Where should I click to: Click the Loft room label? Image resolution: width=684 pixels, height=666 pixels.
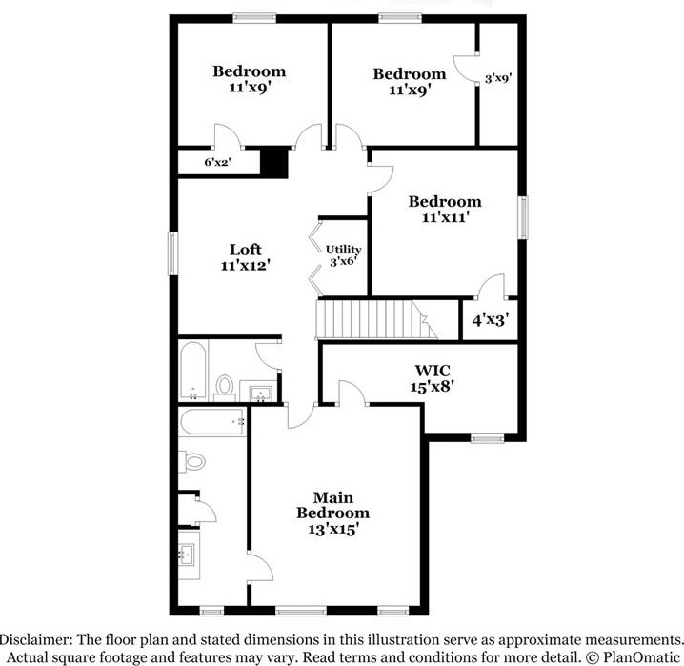click(x=245, y=250)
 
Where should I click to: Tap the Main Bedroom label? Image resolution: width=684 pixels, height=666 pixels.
click(x=332, y=498)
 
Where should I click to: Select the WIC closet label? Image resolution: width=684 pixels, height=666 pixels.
click(x=432, y=370)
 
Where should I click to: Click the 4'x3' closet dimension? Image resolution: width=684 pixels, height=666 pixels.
click(x=491, y=320)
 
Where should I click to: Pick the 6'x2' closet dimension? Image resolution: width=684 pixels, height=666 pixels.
click(x=218, y=163)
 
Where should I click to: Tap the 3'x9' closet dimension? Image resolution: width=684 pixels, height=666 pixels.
click(x=499, y=80)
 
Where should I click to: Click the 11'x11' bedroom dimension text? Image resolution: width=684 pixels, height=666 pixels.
click(x=445, y=217)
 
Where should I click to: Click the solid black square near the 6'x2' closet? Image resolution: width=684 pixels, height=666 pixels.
click(x=274, y=162)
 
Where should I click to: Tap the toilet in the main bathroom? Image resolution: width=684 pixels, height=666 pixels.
click(x=193, y=462)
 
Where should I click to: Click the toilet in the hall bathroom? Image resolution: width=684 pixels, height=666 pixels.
click(x=225, y=386)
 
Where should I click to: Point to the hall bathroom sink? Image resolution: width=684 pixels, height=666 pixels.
click(x=259, y=392)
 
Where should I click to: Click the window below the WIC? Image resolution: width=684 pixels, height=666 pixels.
click(x=487, y=438)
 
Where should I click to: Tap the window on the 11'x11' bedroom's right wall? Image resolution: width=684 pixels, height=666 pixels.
click(x=522, y=218)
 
